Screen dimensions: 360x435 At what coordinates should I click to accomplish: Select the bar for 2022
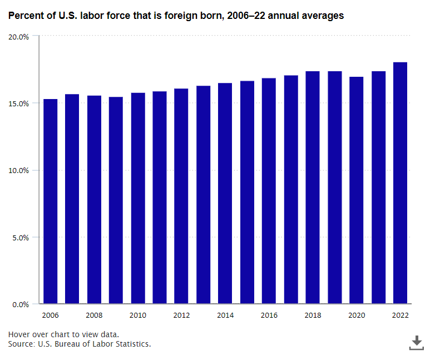pos(400,183)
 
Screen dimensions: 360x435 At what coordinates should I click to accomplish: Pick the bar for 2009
pos(116,200)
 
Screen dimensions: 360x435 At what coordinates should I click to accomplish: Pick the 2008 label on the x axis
pos(94,315)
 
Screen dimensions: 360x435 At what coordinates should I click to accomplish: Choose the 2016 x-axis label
pos(269,315)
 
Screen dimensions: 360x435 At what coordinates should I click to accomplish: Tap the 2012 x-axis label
pos(181,315)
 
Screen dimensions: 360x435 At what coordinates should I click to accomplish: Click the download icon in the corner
pos(416,343)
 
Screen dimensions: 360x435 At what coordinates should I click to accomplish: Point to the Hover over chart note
pos(63,334)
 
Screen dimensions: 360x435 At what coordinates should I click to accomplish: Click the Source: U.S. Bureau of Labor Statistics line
pos(80,344)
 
